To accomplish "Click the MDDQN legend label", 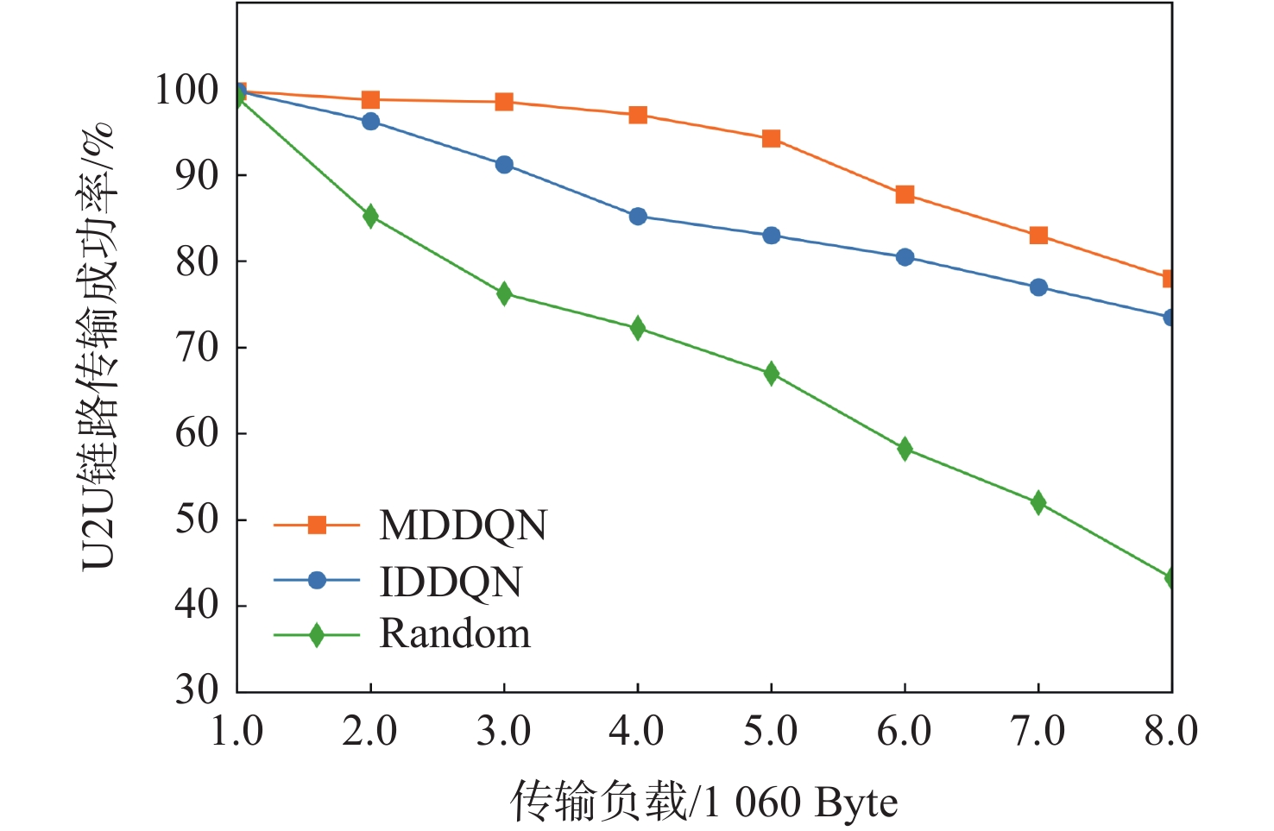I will (x=463, y=526).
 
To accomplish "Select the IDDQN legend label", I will (x=451, y=582).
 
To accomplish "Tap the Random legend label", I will (x=455, y=634).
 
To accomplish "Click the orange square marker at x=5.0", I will (x=771, y=139).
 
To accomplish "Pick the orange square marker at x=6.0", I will (x=905, y=194).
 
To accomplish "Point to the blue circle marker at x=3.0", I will (x=504, y=165).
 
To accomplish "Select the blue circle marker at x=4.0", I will (x=638, y=217).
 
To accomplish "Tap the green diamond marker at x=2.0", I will (x=370, y=216).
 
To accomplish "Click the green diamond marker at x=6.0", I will (x=905, y=449).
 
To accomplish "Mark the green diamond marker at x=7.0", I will (x=1038, y=503).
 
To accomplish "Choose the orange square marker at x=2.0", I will (x=370, y=100).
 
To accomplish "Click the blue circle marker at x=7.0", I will (x=1038, y=287).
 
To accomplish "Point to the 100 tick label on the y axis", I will (x=186, y=90).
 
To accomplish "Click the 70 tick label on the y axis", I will (x=197, y=348).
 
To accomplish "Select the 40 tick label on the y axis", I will (x=197, y=605).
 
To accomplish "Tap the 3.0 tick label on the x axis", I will (x=503, y=732).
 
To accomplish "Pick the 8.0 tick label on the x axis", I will (x=1170, y=732).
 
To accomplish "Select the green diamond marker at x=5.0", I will (x=771, y=374).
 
